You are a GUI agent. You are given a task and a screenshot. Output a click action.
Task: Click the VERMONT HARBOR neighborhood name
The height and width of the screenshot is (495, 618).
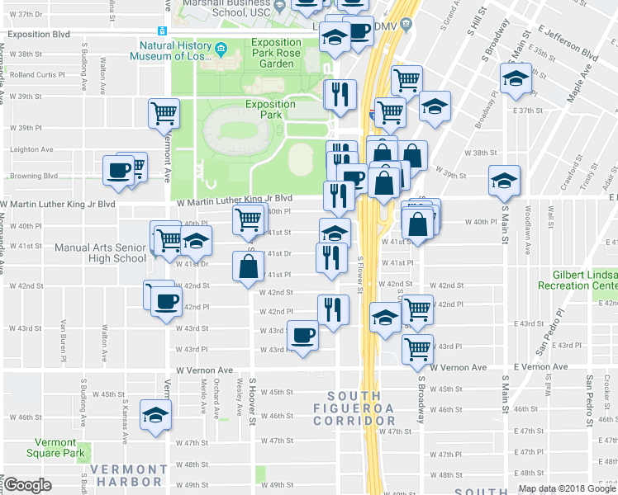point(126,475)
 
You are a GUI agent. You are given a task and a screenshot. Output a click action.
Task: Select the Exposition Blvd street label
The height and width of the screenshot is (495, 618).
point(40,36)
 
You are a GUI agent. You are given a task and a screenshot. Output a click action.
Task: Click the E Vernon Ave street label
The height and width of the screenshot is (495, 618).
point(540,366)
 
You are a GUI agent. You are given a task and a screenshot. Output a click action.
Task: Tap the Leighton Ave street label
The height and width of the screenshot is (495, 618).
point(31,149)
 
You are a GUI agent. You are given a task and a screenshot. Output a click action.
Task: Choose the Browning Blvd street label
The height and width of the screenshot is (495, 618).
point(33,176)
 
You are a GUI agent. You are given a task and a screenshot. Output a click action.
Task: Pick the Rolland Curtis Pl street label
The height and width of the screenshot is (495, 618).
point(37,74)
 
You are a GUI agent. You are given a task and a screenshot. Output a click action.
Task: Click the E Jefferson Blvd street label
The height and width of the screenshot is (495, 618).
point(566,43)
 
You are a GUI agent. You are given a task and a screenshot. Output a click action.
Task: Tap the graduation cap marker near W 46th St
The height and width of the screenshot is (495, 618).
point(154,416)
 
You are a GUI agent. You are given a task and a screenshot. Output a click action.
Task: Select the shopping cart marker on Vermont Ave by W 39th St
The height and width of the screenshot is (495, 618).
point(164,113)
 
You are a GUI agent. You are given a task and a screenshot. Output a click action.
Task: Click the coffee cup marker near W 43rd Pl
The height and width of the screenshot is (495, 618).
point(302,337)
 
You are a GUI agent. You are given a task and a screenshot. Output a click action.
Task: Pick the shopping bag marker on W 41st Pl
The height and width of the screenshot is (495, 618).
point(248,266)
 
